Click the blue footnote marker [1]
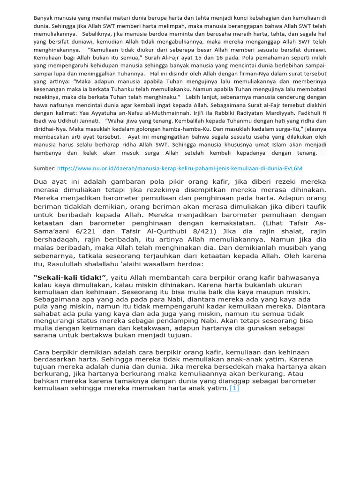234,388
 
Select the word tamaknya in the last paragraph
118,381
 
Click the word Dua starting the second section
42,182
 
